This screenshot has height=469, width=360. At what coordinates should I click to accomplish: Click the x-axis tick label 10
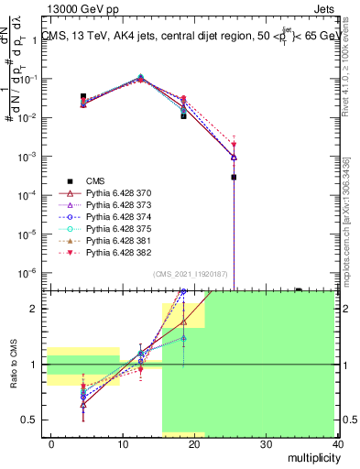pos(123,443)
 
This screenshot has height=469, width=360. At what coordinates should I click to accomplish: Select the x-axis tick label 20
pos(194,443)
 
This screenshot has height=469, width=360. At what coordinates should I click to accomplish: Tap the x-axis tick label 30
pos(267,443)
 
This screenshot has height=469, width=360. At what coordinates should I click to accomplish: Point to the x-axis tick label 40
pos(337,443)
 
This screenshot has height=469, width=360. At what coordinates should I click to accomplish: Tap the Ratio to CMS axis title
pos(13,365)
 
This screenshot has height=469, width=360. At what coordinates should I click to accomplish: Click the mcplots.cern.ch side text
pos(351,229)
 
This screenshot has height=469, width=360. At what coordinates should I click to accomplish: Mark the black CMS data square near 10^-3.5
pos(235,177)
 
